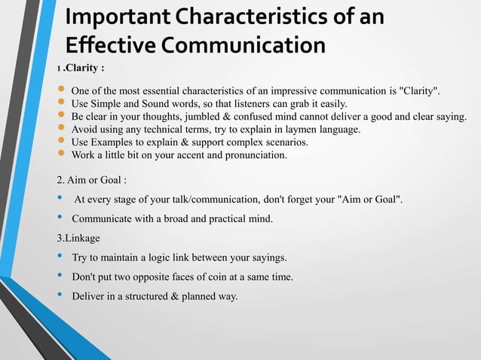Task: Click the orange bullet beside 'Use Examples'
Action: [62, 142]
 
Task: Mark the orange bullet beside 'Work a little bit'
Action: [62, 154]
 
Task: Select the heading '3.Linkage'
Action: [78, 238]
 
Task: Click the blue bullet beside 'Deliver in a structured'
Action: [61, 295]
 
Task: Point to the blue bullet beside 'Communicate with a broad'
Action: [61, 218]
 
